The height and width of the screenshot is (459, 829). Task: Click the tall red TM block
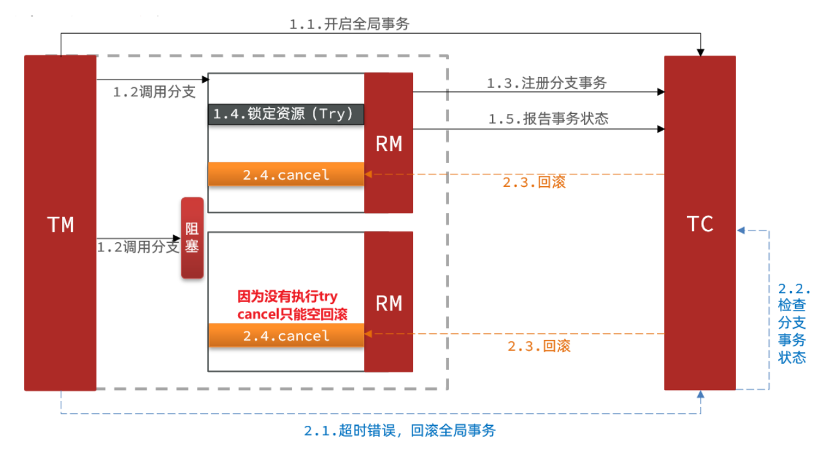coord(60,223)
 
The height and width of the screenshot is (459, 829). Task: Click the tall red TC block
coord(699,223)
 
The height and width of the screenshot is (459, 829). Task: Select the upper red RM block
coord(388,143)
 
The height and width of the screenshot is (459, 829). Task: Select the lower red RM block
coord(388,302)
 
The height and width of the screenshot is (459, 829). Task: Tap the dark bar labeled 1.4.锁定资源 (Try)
coord(285,114)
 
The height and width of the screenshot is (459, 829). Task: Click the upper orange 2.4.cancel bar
coord(285,174)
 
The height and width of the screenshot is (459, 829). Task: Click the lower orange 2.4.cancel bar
coord(285,335)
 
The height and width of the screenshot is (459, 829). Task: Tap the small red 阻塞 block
coord(192,238)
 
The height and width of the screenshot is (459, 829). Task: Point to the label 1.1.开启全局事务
coord(349,24)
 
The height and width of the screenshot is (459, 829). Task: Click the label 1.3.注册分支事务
coord(547,83)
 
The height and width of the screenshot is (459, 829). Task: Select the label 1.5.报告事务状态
coord(548,118)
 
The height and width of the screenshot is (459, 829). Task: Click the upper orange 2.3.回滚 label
coord(534,182)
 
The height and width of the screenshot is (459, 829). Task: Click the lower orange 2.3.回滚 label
coord(539,346)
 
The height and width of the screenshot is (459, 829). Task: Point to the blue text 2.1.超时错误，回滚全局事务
coord(400,430)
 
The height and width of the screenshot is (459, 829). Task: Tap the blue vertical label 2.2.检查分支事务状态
coord(793,323)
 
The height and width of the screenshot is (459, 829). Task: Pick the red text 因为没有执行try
coord(287,297)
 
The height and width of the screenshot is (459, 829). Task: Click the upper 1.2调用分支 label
coord(154,92)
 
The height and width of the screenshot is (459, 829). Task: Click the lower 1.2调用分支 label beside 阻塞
coord(138,247)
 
